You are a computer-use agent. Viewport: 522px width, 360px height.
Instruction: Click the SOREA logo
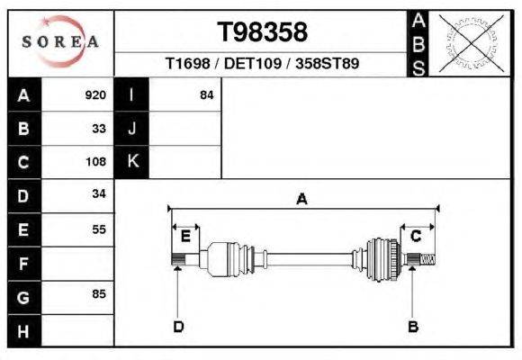pyautogui.click(x=59, y=42)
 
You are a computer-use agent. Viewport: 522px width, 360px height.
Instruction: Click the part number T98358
pyautogui.click(x=263, y=32)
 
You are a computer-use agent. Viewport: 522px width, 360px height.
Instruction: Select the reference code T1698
pyautogui.click(x=187, y=65)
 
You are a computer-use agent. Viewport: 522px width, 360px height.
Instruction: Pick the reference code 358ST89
pyautogui.click(x=328, y=65)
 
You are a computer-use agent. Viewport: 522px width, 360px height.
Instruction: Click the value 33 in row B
pyautogui.click(x=99, y=129)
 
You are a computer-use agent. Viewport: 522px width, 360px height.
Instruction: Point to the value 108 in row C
pyautogui.click(x=95, y=163)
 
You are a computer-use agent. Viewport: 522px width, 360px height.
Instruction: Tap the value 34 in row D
pyautogui.click(x=99, y=194)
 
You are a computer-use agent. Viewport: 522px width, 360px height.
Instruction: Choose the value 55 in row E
pyautogui.click(x=99, y=229)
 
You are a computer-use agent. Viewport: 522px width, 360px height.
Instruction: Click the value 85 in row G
pyautogui.click(x=99, y=294)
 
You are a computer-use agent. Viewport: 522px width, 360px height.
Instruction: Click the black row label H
pyautogui.click(x=23, y=330)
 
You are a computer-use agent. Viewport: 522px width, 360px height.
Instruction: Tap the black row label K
pyautogui.click(x=131, y=162)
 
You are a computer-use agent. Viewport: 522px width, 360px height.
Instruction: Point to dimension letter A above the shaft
pyautogui.click(x=301, y=200)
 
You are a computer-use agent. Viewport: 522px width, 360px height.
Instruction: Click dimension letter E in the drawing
pyautogui.click(x=185, y=237)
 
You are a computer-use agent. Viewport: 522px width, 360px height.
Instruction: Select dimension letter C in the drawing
pyautogui.click(x=416, y=236)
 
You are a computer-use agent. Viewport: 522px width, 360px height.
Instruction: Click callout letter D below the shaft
pyautogui.click(x=178, y=326)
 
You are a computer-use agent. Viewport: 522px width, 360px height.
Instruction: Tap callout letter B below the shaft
pyautogui.click(x=413, y=326)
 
